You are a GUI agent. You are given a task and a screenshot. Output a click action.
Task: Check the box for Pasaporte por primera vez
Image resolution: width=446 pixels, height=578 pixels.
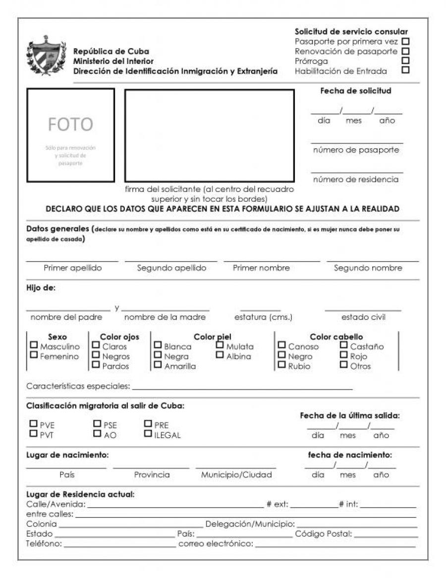point(406,41)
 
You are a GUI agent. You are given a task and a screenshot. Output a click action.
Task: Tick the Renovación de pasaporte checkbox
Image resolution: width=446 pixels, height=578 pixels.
point(406,51)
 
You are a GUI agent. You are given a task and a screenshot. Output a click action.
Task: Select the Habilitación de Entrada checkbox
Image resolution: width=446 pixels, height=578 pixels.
point(406,70)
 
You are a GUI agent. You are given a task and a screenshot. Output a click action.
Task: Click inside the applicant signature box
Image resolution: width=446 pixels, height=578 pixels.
point(209,135)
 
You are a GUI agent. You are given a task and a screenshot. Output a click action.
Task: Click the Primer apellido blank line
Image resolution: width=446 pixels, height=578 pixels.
point(72,260)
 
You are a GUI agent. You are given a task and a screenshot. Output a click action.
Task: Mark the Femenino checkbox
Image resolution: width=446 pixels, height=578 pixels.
point(34,355)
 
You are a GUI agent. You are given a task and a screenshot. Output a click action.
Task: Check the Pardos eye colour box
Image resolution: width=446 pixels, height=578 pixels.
point(96,365)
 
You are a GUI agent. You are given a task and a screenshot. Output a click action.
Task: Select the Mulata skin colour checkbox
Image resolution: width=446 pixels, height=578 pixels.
point(220,346)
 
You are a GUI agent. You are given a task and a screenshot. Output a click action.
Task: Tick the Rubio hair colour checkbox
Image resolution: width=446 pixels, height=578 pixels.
point(281,365)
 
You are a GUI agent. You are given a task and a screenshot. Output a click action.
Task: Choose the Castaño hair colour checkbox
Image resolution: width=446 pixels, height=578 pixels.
point(343,346)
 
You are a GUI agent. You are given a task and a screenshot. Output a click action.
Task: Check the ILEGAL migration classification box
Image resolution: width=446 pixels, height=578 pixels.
point(148,434)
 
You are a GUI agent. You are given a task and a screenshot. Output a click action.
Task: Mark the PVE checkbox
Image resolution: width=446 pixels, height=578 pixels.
point(34,424)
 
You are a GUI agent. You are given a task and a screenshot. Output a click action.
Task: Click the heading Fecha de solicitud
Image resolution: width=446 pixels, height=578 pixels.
point(356,91)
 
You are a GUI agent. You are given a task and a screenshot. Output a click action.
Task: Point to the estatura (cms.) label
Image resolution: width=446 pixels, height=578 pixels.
point(263,317)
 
